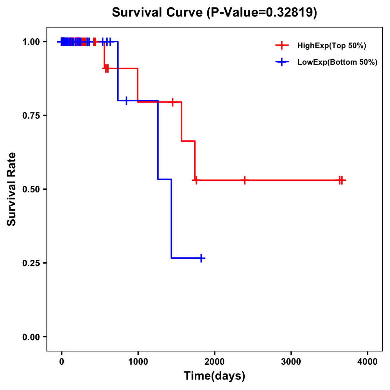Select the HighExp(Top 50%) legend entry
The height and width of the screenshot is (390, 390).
[331, 46]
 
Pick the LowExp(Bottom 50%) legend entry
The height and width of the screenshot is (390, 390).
[337, 62]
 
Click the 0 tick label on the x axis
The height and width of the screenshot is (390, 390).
[61, 362]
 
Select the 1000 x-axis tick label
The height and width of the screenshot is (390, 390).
[138, 362]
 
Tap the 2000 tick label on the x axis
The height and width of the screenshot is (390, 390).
[214, 362]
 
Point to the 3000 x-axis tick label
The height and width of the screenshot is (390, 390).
[291, 362]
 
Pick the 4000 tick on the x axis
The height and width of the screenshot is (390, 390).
[368, 362]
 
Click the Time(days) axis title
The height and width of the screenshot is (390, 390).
[214, 376]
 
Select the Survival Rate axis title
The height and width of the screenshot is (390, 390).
[12, 189]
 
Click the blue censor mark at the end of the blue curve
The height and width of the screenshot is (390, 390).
[201, 258]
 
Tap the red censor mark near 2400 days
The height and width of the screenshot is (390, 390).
[244, 180]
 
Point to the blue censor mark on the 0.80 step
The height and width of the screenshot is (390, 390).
[126, 100]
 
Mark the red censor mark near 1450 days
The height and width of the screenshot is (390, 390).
[173, 102]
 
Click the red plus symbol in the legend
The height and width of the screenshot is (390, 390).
[282, 46]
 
